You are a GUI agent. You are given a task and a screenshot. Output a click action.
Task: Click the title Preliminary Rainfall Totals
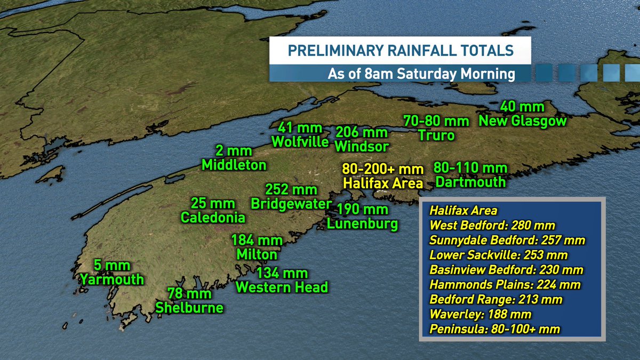pos(400,51)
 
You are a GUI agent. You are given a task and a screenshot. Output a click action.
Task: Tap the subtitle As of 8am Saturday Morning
pos(421,74)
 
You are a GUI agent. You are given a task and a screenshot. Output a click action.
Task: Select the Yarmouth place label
pos(111,279)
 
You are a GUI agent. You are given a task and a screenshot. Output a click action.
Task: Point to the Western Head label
pos(282,287)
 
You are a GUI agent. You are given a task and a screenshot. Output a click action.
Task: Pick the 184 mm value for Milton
pos(257,241)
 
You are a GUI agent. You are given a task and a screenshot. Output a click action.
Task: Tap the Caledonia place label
pos(213,218)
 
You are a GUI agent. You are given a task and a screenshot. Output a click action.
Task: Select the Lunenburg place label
pos(363,223)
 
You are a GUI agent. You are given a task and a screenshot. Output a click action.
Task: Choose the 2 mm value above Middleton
pos(234,151)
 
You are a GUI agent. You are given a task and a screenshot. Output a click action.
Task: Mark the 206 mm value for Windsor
pos(362,132)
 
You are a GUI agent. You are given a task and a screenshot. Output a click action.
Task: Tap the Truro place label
pos(436,135)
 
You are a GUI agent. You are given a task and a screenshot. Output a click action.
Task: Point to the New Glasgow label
pos(523,122)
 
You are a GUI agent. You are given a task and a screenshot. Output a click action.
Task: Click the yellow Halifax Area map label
pos(383,183)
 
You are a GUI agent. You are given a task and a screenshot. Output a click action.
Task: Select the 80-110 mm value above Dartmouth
pos(470,169)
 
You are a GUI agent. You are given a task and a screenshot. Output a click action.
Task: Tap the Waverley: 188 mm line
pos(481,315)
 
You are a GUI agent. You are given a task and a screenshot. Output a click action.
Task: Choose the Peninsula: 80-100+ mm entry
pos(495,329)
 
